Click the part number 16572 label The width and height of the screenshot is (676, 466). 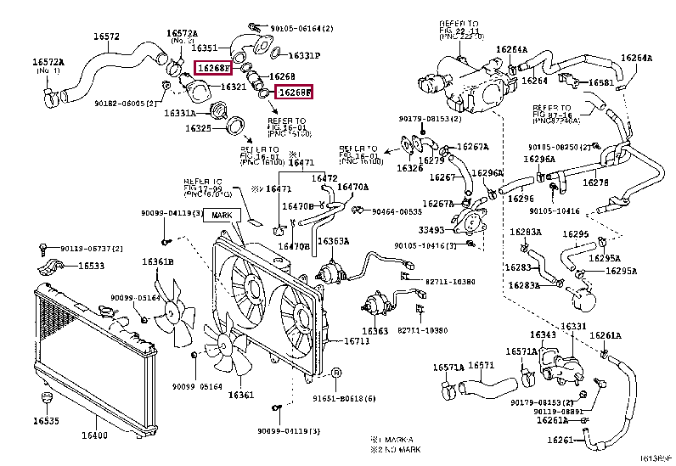(x=106, y=36)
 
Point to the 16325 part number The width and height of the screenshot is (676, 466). (x=200, y=129)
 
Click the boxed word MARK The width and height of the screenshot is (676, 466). (x=222, y=216)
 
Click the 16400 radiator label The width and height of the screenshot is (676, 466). (x=94, y=436)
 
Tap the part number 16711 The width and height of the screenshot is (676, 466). (x=356, y=341)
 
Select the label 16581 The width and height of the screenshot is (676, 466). (x=601, y=82)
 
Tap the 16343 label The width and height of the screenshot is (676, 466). (x=544, y=334)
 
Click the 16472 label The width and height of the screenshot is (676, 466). (x=324, y=178)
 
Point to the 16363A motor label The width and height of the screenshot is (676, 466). (x=333, y=241)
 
